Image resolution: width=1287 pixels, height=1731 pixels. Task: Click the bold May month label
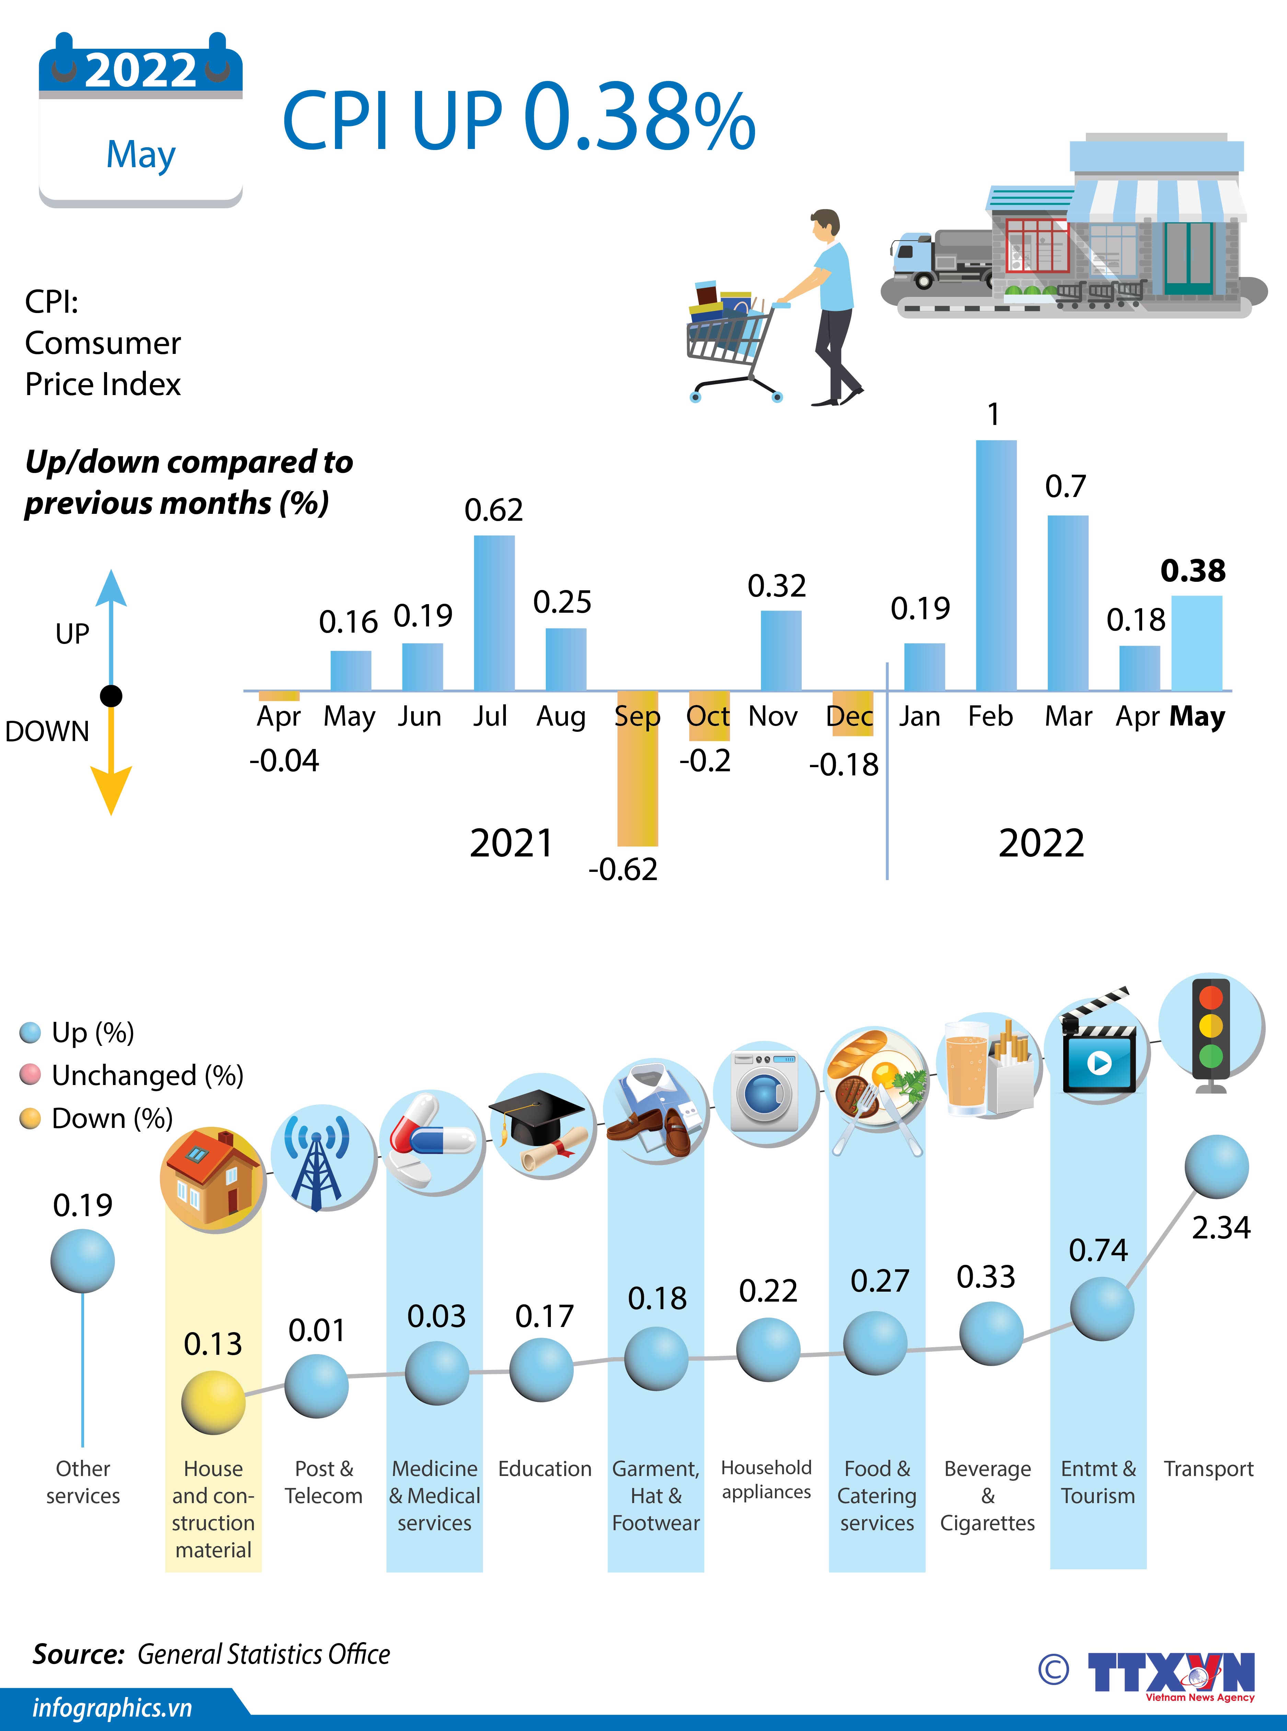[x=1197, y=716]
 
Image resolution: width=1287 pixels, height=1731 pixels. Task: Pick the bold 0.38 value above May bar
[x=1193, y=571]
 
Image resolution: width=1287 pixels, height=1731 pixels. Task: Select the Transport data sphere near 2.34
[x=1216, y=1166]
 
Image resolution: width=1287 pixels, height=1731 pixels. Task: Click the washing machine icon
[x=767, y=1093]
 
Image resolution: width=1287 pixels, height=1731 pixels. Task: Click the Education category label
[x=545, y=1468]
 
